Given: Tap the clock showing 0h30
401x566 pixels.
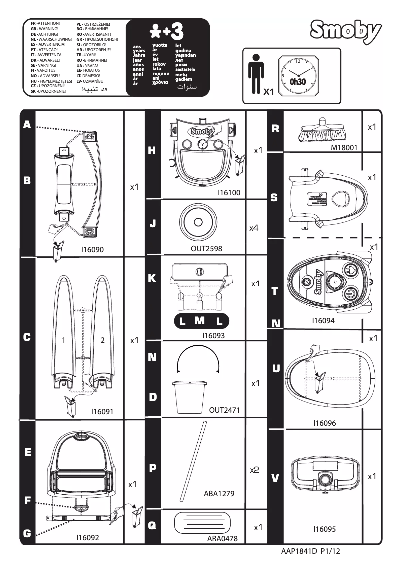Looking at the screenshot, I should (300, 75).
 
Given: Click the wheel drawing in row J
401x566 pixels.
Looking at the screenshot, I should (198, 222).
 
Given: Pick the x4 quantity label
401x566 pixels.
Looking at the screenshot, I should (254, 228).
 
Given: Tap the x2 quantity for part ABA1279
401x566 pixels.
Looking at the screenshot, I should (254, 471).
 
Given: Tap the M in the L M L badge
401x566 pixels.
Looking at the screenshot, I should (199, 321).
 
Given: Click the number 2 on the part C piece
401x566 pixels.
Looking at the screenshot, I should (102, 340).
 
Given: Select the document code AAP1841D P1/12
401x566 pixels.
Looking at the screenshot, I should (313, 553).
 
